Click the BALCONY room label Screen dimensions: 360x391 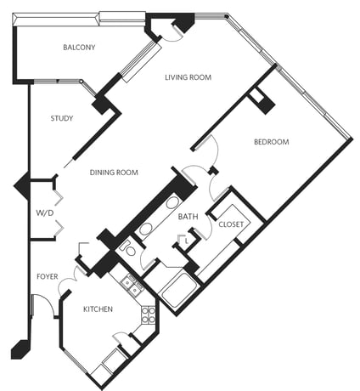(79, 48)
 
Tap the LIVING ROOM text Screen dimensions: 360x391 (188, 77)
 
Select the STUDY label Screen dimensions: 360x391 (62, 118)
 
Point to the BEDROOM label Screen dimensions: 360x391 (272, 142)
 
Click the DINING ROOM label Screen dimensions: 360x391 (114, 173)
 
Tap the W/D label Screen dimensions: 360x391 (45, 212)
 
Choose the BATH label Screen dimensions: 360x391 (188, 217)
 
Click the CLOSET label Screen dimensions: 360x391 (231, 224)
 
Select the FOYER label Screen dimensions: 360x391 (48, 276)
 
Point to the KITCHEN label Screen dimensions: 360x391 (98, 309)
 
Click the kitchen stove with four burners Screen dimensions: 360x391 (149, 314)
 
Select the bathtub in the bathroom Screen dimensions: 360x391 (178, 290)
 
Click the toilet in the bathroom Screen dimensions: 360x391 (129, 248)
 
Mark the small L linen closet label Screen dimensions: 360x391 (186, 241)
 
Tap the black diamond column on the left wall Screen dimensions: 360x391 (22, 186)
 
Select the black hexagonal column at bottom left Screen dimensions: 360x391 (20, 349)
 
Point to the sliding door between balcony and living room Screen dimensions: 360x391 (141, 61)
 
